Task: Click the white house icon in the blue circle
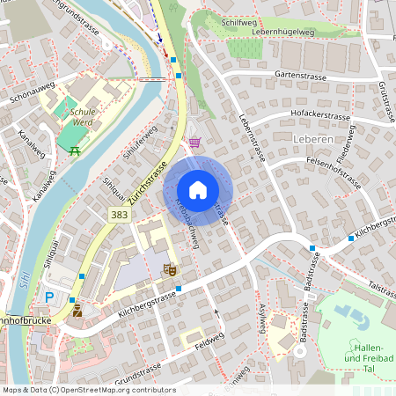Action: tap(198, 190)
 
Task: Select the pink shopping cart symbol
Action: tap(194, 142)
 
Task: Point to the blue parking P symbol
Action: tap(49, 297)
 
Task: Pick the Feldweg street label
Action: tap(209, 347)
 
